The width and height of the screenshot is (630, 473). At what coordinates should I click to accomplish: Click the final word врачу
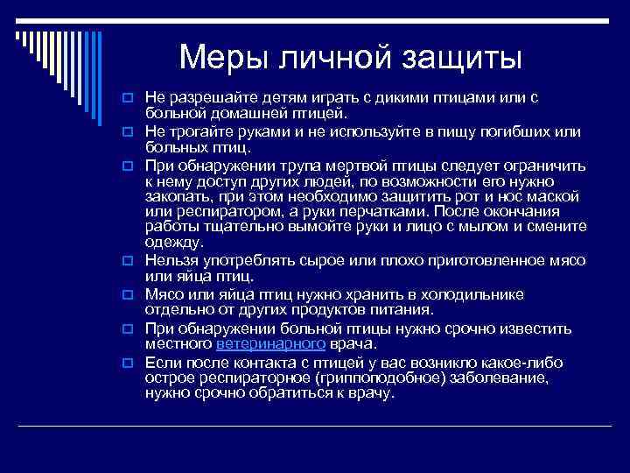coord(373,393)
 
